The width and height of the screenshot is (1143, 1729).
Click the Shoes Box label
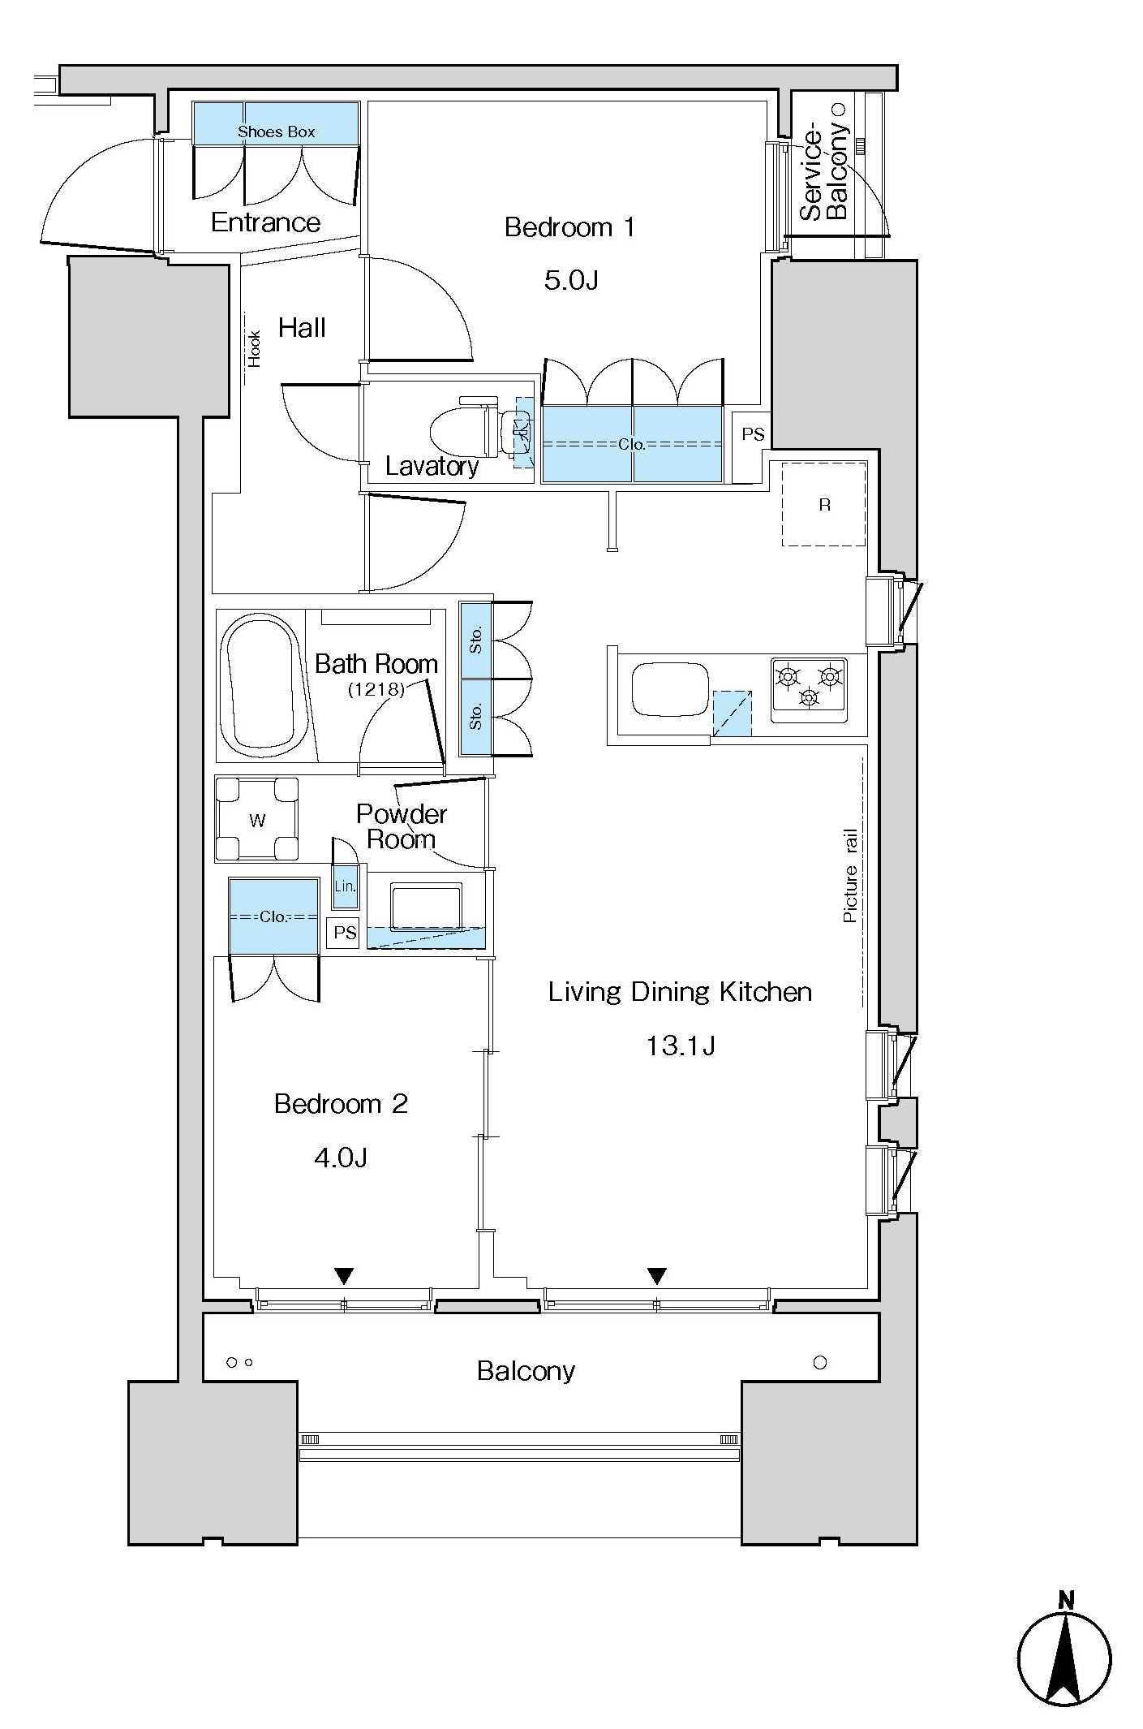tap(276, 132)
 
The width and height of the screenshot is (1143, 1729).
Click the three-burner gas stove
tap(809, 689)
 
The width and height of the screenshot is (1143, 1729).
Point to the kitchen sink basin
tap(671, 689)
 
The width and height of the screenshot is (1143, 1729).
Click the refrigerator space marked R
tap(824, 504)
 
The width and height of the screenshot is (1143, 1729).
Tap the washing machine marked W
tap(257, 819)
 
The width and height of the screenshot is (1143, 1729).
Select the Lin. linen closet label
tap(345, 886)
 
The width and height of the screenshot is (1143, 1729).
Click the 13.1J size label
tap(680, 1046)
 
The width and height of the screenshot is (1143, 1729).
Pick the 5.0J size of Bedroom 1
tap(571, 281)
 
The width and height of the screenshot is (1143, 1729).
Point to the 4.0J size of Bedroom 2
tap(341, 1157)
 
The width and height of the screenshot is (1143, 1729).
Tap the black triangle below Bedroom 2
tap(345, 1277)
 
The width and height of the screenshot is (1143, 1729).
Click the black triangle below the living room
tap(657, 1277)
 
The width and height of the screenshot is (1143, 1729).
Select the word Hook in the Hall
tap(255, 349)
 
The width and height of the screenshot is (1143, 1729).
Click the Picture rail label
tap(850, 876)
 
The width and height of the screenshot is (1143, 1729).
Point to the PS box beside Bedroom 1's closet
tap(753, 434)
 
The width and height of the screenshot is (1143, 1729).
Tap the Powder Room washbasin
tap(427, 905)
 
